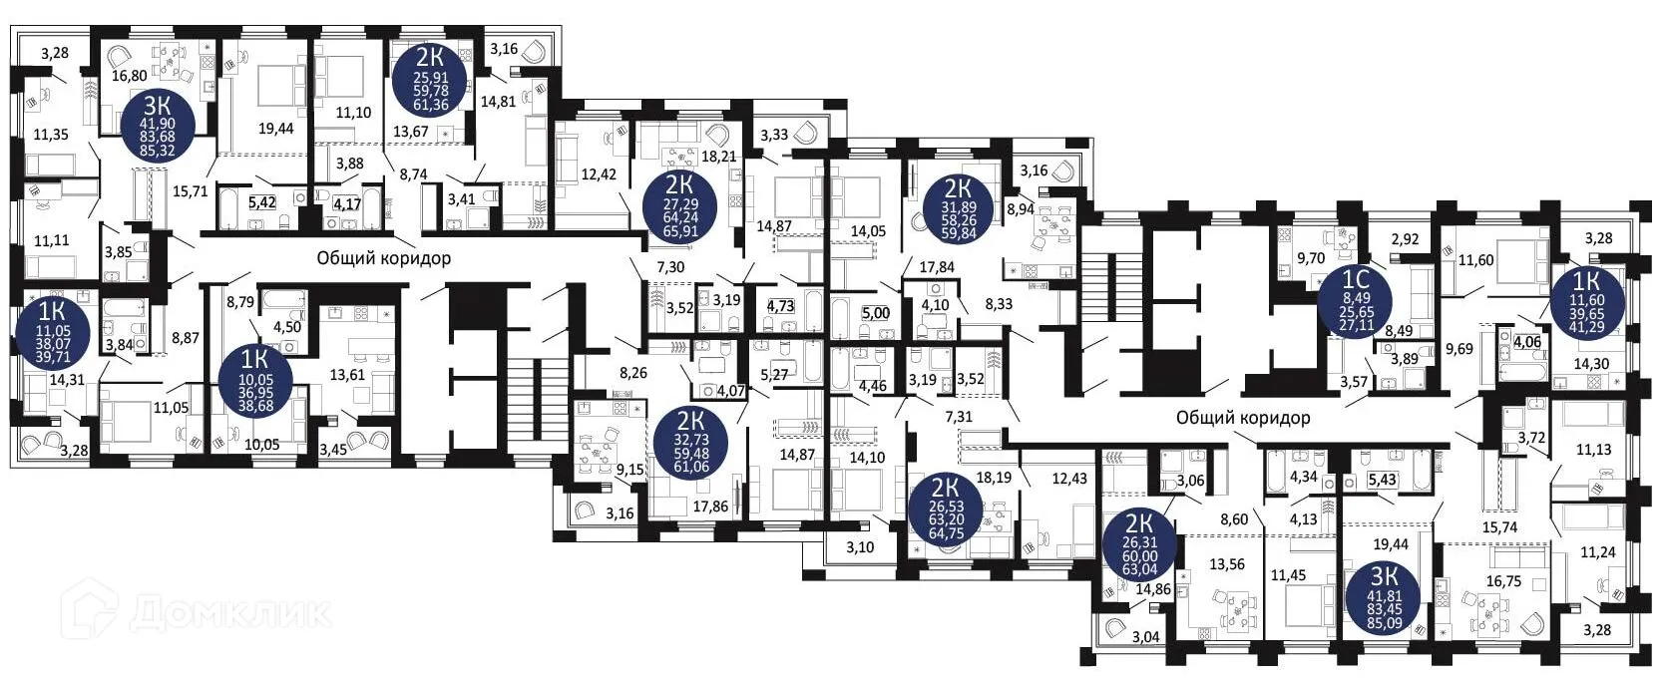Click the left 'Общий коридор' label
[383, 258]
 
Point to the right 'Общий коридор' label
[1242, 418]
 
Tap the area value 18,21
[718, 157]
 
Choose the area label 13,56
[1227, 563]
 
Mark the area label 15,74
[1500, 527]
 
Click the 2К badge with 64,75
[946, 508]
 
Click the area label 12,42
[599, 174]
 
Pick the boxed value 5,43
[1382, 481]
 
